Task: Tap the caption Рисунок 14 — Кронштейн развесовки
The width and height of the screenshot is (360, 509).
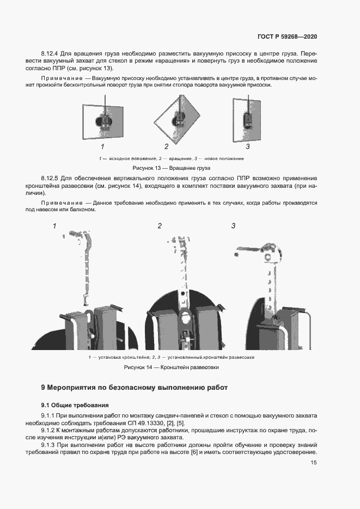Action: tap(172, 368)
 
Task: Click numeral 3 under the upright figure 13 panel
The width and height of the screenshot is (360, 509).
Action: tap(247, 146)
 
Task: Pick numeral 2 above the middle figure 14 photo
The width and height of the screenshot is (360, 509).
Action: tap(160, 226)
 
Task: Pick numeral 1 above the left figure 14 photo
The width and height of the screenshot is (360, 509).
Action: tap(54, 226)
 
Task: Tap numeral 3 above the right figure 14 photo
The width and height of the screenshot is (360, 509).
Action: tap(233, 226)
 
